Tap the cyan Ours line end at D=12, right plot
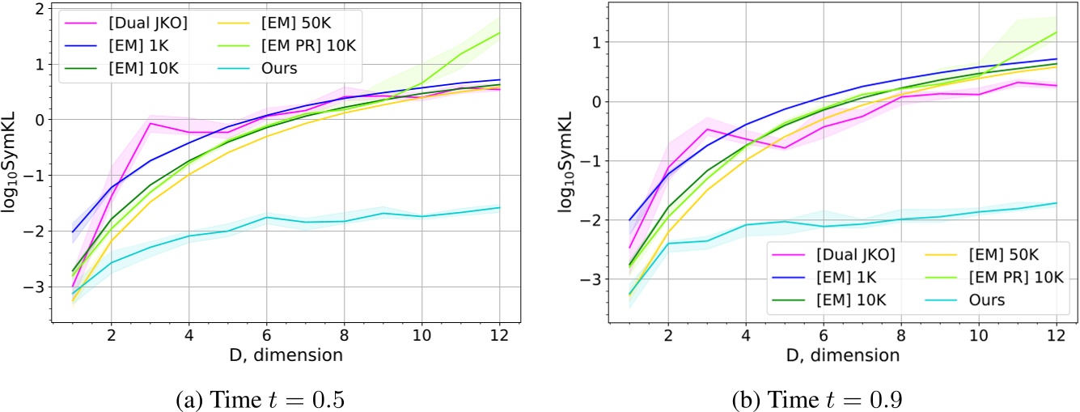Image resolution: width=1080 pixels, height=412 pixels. [x=1056, y=202]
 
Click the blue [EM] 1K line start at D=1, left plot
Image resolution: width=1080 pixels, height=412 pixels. [x=72, y=231]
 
